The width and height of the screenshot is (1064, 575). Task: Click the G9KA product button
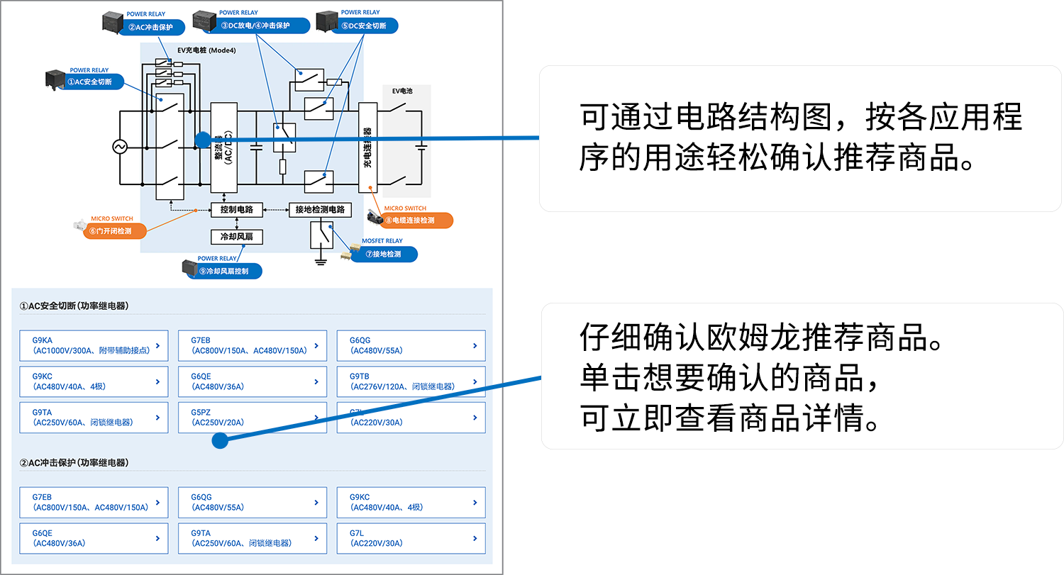tap(94, 345)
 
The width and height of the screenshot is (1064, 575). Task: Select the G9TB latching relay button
tap(411, 381)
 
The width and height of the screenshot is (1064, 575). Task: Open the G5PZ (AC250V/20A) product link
tap(252, 418)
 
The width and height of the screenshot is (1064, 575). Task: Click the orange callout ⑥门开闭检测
tap(113, 231)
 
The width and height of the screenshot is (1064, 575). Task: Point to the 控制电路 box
tap(237, 210)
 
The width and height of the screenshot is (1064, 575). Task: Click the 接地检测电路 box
tap(320, 210)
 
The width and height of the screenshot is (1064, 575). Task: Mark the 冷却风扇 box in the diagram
tap(237, 237)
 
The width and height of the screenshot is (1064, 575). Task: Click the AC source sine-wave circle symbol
tap(119, 147)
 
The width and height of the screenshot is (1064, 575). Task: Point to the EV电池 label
tap(402, 91)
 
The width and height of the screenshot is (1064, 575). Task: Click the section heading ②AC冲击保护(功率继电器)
tap(74, 463)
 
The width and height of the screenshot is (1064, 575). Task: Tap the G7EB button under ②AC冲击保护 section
tap(94, 502)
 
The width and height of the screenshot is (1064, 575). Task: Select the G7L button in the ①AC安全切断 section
tap(411, 418)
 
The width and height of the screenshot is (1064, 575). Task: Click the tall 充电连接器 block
tap(367, 147)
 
